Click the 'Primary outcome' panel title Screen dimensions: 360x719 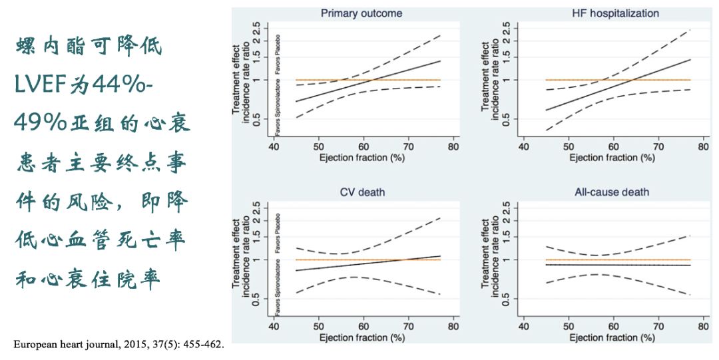click(x=361, y=13)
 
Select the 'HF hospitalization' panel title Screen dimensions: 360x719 click(x=615, y=13)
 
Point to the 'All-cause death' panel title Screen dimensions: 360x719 click(x=612, y=193)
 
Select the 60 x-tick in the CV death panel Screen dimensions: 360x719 click(x=363, y=327)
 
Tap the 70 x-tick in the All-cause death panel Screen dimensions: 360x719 click(x=658, y=327)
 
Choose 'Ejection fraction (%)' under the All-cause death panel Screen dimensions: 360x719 click(x=612, y=338)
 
